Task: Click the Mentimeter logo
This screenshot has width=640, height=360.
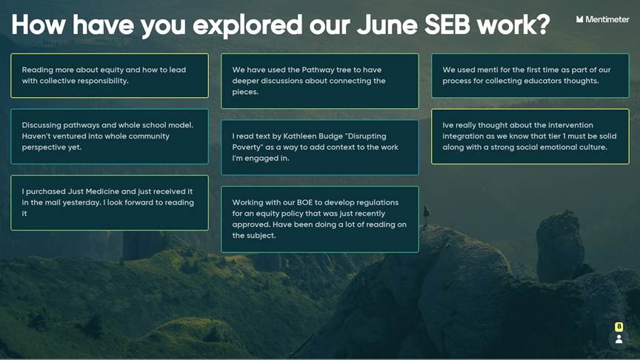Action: point(602,19)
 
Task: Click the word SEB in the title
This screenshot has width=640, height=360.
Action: point(447,24)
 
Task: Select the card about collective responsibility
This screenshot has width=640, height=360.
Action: point(110,76)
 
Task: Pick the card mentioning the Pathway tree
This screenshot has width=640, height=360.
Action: point(319,81)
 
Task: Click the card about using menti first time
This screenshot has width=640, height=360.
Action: point(530,76)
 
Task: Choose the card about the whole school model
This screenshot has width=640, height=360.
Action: point(110,136)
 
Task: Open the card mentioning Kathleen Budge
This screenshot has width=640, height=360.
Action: point(319,147)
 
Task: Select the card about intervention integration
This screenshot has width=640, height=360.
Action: point(530,136)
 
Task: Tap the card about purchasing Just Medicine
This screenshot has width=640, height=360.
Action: point(110,203)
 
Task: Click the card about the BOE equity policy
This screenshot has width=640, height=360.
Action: point(319,219)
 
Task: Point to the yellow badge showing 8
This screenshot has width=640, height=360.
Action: point(619,327)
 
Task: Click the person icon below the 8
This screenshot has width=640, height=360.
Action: point(619,339)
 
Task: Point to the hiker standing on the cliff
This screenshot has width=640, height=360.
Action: point(426,215)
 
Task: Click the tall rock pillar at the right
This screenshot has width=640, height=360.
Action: point(559,246)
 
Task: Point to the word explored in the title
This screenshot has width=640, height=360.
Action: point(247,25)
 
